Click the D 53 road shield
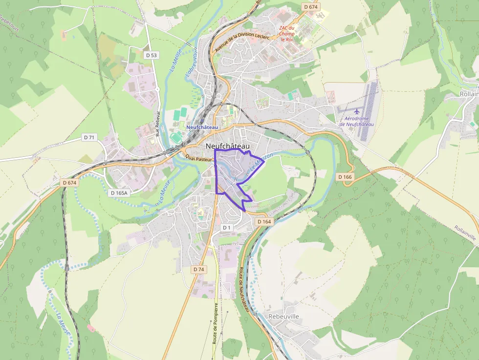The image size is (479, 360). pos(151,55)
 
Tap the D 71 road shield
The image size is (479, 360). pos(89,138)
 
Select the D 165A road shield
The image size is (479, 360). pos(119,193)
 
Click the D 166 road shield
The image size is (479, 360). pos(345,177)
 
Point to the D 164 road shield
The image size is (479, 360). pos(263,222)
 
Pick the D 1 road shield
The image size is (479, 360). pos(226,228)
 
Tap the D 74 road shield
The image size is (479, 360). pos(198,269)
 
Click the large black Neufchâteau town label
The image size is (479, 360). pos(228,146)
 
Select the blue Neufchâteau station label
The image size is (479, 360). pos(202,127)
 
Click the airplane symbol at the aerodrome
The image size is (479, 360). pos(357,111)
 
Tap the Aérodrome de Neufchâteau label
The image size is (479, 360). pos(356,122)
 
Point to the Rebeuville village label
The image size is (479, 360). pos(283,317)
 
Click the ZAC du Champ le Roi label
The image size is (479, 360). pos(287,34)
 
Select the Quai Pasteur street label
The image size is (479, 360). pos(198,158)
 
